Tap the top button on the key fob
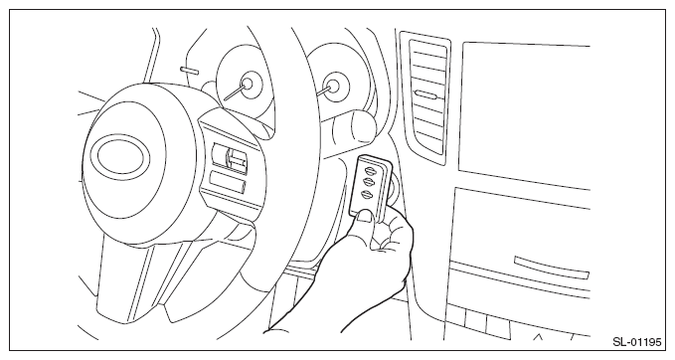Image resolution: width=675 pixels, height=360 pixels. (x=370, y=170)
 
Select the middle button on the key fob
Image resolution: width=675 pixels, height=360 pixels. (x=369, y=181)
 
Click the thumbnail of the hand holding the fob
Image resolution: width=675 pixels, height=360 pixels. (x=364, y=216)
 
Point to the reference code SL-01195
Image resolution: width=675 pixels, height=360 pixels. (x=636, y=342)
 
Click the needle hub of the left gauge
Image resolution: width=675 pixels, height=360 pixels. (x=249, y=83)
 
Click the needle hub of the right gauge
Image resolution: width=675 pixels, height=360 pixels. (x=332, y=86)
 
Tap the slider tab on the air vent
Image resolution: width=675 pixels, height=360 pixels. (x=423, y=93)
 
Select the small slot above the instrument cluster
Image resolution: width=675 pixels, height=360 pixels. (x=190, y=70)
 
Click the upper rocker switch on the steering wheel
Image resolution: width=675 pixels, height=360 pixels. (x=230, y=157)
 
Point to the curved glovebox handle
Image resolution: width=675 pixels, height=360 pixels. (x=551, y=267)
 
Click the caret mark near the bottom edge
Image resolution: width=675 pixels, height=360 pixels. (x=537, y=336)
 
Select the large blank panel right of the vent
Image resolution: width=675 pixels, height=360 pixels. (x=524, y=114)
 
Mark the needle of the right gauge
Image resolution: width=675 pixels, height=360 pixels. (x=325, y=90)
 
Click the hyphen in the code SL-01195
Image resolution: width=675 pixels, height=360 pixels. (x=626, y=343)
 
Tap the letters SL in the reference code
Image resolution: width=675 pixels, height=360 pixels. (x=618, y=342)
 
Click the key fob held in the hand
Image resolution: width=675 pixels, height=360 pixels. (x=370, y=189)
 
